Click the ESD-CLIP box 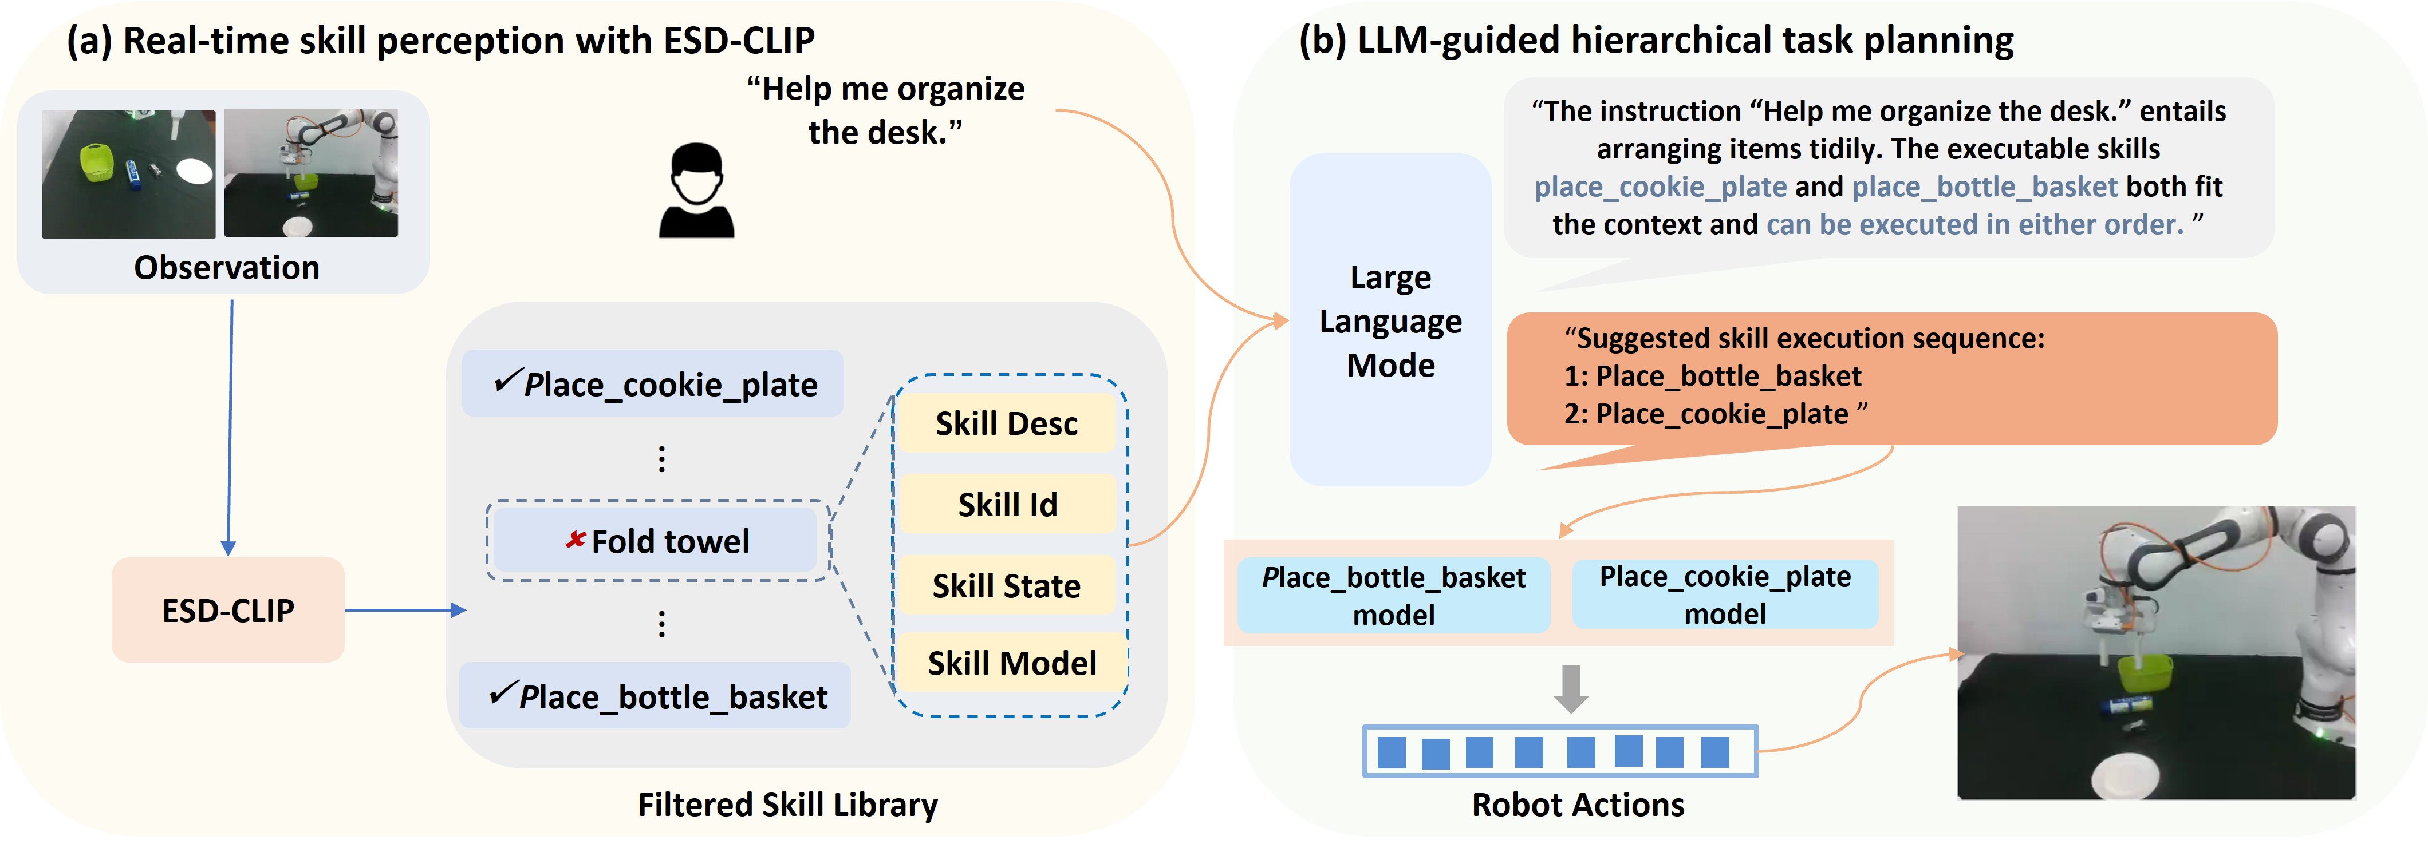[x=227, y=609]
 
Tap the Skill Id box [x=1007, y=504]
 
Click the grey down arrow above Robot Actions [x=1570, y=689]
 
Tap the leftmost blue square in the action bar [x=1391, y=752]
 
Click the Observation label [x=226, y=268]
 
